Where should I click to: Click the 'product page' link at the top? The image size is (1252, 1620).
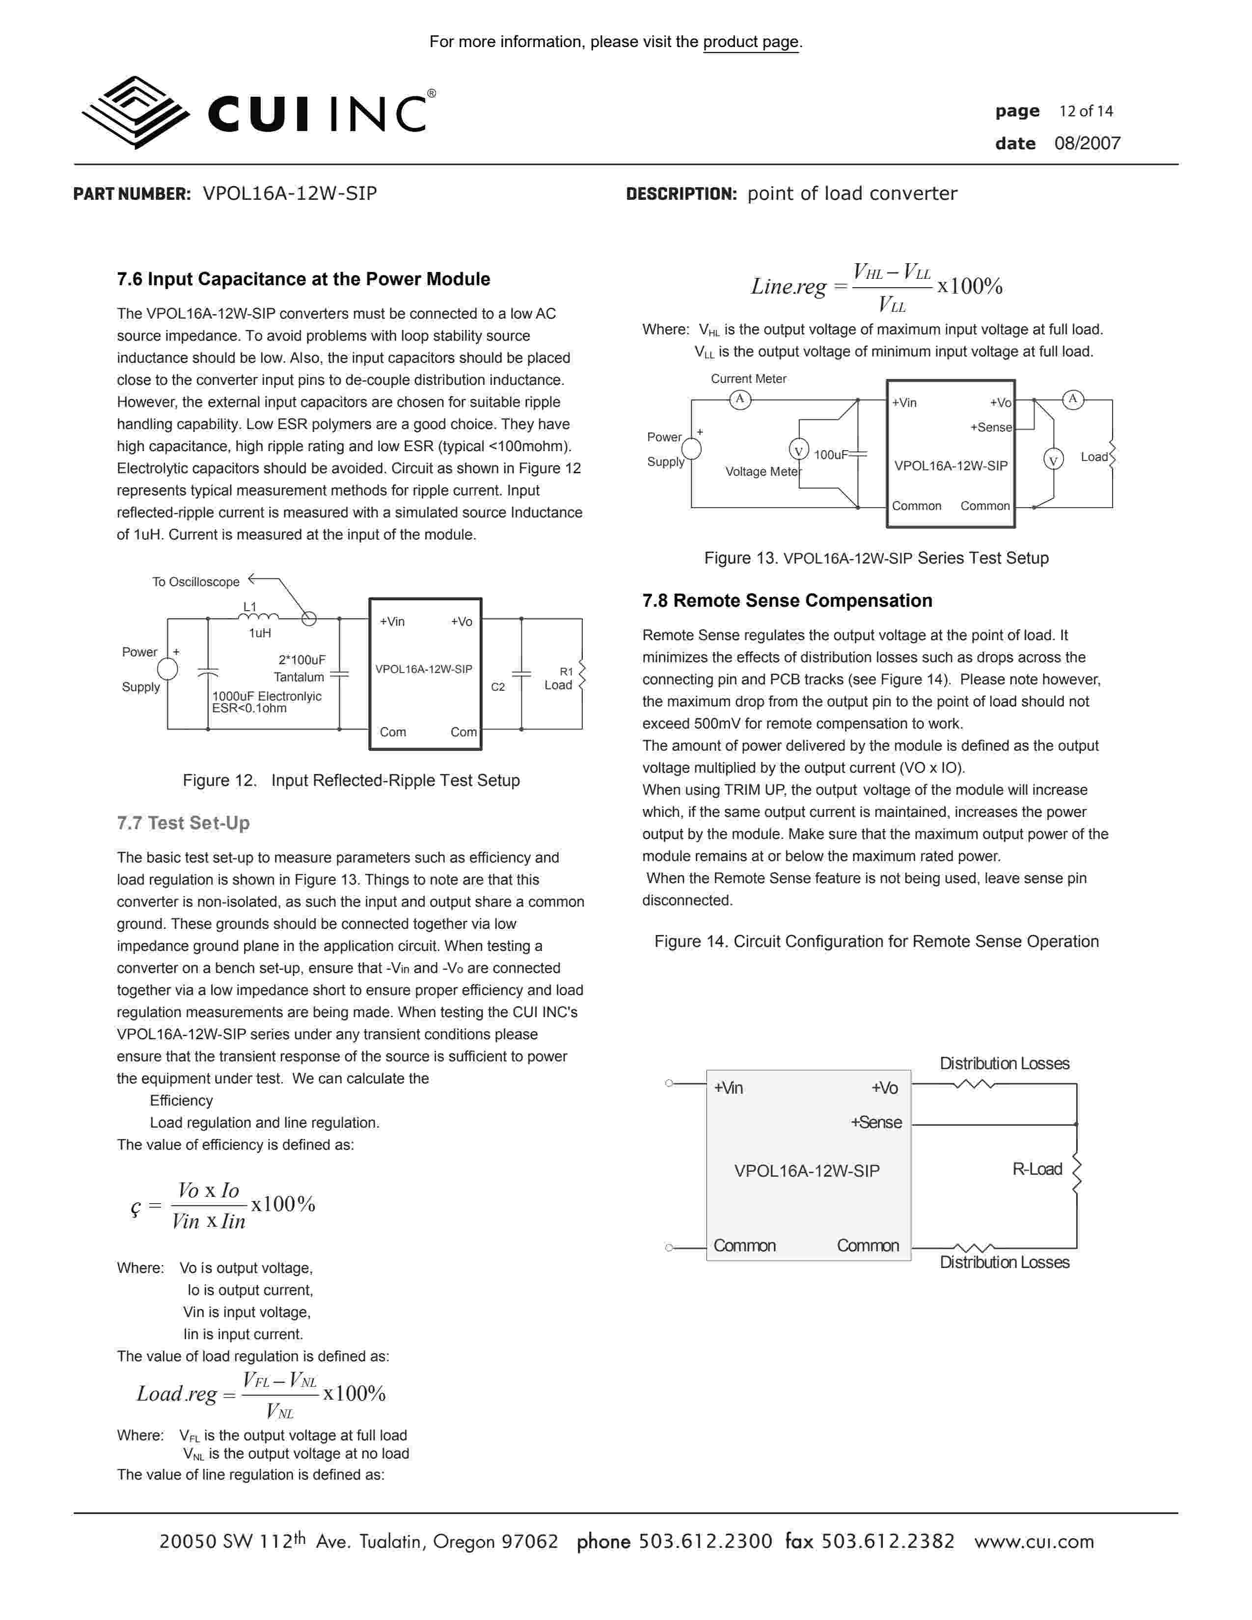[x=751, y=42]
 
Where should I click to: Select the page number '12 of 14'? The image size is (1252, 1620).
[x=1086, y=111]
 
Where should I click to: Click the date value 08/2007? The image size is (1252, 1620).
[x=1088, y=143]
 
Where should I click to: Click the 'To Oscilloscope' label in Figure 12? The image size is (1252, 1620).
[x=196, y=582]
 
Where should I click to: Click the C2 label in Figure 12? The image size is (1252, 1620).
[x=498, y=687]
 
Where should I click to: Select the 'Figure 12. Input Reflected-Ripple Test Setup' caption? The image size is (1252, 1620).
[x=351, y=781]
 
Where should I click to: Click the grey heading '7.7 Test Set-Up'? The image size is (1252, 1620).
[x=183, y=823]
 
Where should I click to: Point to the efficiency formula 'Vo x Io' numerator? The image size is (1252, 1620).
[x=208, y=1190]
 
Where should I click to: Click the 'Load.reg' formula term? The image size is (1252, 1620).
[x=177, y=1394]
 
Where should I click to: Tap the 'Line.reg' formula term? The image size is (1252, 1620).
[x=788, y=286]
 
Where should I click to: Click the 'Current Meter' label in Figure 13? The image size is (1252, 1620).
[x=748, y=378]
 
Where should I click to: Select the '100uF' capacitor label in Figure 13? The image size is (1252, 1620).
[x=830, y=455]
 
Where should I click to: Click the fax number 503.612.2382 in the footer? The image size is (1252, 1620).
[x=888, y=1541]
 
